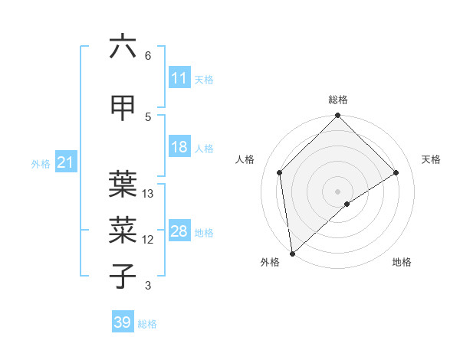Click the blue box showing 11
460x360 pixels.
(179, 78)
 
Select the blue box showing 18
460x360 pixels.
(179, 148)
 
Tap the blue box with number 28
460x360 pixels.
(179, 232)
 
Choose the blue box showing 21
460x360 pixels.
(65, 162)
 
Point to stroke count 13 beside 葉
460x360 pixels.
(149, 194)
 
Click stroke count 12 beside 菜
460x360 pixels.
(149, 240)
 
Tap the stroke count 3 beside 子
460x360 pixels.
(148, 286)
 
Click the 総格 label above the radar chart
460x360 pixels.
(338, 100)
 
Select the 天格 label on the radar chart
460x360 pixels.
(432, 159)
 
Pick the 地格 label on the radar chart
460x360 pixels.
(402, 263)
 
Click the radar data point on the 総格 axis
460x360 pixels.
(338, 116)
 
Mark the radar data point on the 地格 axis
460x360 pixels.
(347, 204)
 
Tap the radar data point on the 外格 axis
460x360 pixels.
(292, 253)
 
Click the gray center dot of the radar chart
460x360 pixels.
(338, 191)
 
